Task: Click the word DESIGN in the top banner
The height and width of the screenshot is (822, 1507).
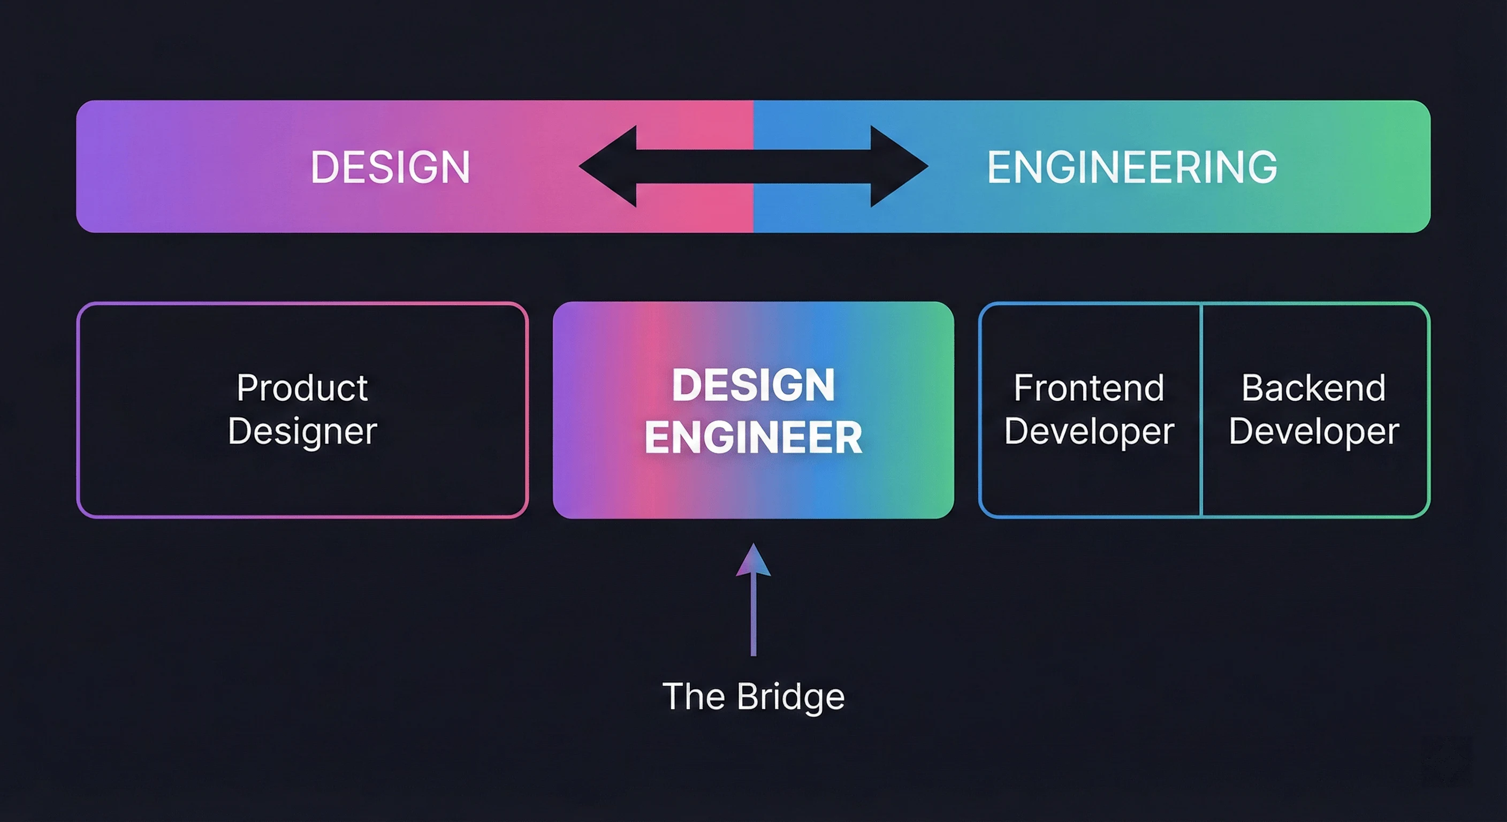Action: [390, 168]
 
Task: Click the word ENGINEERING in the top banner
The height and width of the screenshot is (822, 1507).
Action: [1132, 168]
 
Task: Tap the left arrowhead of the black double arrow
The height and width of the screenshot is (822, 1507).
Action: [608, 166]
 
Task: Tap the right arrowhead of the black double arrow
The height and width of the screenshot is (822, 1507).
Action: [898, 166]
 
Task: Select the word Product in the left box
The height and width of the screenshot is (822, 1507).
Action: [302, 388]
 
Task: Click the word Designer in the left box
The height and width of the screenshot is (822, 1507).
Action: [302, 432]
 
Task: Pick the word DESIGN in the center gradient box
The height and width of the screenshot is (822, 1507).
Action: [753, 385]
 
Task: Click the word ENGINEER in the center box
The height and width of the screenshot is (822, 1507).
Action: [753, 438]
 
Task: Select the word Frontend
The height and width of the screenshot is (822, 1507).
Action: [1089, 388]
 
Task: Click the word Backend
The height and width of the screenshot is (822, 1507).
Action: [1313, 388]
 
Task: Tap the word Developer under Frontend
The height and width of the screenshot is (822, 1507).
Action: [1089, 432]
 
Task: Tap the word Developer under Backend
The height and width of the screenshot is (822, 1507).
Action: [1313, 432]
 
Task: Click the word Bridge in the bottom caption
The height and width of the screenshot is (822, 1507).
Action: [790, 697]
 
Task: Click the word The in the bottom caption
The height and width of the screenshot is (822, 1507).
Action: [693, 696]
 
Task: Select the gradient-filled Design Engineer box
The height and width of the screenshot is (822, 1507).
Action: [753, 491]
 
